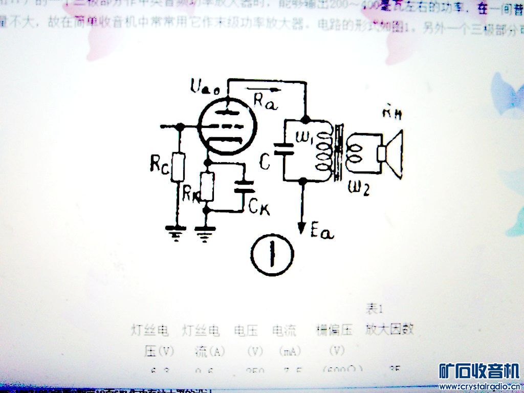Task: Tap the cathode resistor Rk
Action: (x=207, y=187)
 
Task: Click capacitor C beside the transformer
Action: (x=283, y=149)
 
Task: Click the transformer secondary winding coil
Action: (x=355, y=153)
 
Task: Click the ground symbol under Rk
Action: (x=206, y=234)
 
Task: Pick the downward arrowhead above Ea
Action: (x=303, y=226)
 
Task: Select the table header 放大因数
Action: (x=389, y=330)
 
